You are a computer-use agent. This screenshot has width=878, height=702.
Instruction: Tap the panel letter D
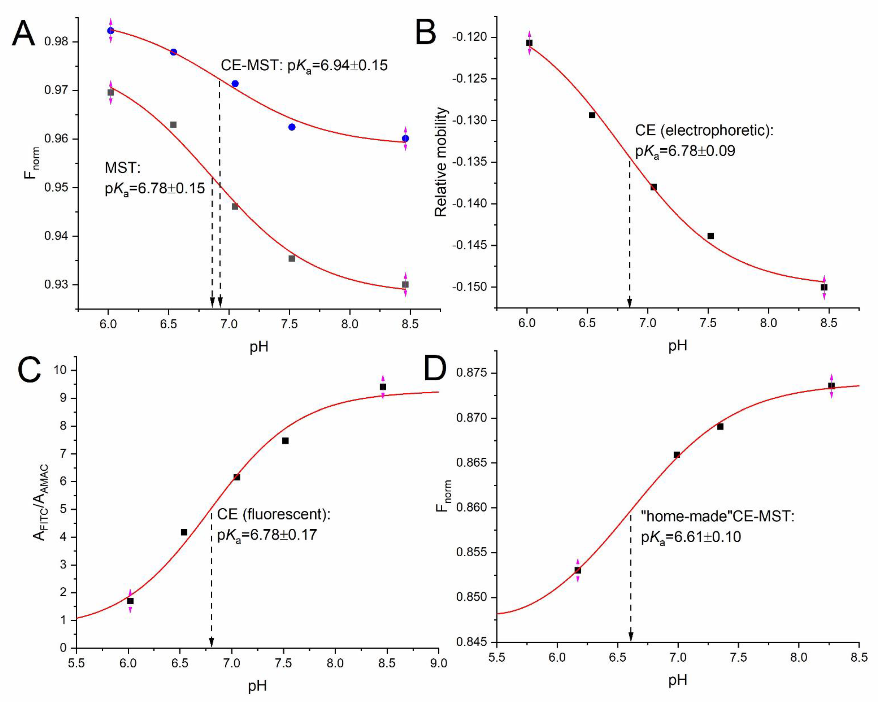point(435,369)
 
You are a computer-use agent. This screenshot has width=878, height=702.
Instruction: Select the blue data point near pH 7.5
point(292,127)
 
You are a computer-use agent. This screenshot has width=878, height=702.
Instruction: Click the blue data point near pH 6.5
point(173,52)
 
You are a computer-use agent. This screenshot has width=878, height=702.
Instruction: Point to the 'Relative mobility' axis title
point(441,162)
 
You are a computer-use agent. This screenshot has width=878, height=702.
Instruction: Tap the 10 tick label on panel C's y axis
point(60,370)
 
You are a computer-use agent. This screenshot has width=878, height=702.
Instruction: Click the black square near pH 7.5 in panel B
point(711,236)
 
